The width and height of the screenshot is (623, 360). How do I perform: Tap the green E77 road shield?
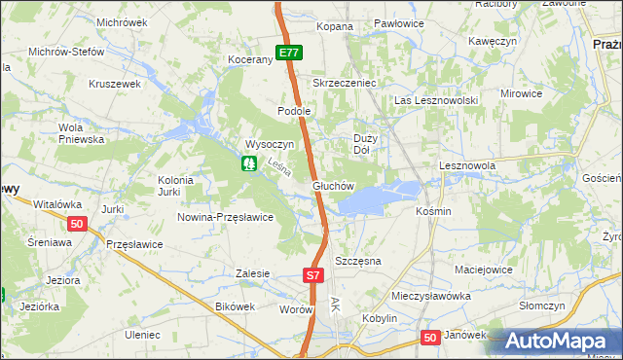pos(288,53)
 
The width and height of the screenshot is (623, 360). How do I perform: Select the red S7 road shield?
pos(311,276)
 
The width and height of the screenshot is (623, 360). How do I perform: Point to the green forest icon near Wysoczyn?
pos(248,163)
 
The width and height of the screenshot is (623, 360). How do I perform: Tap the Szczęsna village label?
pos(357,262)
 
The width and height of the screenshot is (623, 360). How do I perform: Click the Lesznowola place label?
pos(467,166)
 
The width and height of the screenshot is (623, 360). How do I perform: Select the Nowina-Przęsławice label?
pos(225,217)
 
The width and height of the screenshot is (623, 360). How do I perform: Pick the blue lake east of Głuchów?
pos(370,198)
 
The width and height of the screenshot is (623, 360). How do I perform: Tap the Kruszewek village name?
pos(115,84)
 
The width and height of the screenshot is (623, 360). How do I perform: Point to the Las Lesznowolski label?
pos(435,101)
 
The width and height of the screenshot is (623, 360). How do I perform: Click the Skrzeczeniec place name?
pos(344,84)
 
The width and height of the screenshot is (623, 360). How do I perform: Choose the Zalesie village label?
pos(252,274)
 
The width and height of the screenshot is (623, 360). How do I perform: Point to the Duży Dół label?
pos(361,144)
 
